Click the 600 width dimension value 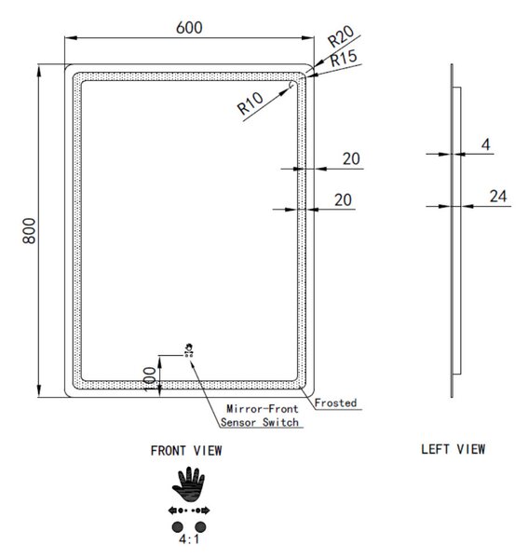point(189,27)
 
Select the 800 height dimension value point(29,231)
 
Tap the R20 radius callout point(341,36)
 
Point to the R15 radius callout point(344,59)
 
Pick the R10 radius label point(250,103)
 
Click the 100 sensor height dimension point(150,379)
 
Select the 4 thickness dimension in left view point(485,144)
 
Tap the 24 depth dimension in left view point(498,196)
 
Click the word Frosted point(335,402)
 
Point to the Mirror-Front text point(263,409)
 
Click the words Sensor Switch point(260,422)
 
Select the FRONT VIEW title point(186,451)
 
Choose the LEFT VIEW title point(454,449)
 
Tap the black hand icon point(188,484)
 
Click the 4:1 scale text point(189,539)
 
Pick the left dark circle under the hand point(178,526)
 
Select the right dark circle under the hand point(200,526)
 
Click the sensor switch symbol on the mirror point(189,349)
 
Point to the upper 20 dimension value point(351,158)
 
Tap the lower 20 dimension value point(343,200)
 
